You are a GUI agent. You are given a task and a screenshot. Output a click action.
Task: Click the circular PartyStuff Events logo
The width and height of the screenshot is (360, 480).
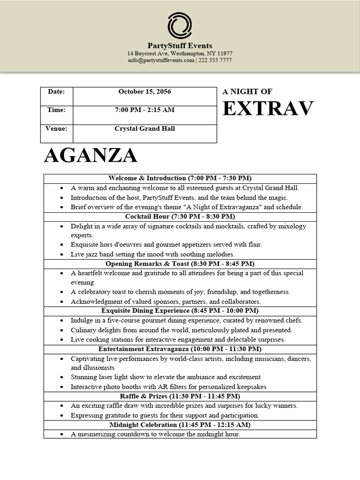180,26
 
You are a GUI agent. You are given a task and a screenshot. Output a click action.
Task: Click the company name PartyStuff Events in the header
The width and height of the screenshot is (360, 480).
180,46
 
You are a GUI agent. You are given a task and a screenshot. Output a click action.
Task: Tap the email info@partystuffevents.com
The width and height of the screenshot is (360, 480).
161,60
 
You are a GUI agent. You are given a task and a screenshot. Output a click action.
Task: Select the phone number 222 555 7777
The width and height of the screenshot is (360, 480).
215,60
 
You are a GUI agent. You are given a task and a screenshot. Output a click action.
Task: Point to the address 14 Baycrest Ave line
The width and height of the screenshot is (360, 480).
180,53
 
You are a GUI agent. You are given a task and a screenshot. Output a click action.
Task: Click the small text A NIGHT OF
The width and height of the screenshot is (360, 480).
247,92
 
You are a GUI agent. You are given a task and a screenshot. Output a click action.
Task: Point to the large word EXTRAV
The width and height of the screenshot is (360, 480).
268,109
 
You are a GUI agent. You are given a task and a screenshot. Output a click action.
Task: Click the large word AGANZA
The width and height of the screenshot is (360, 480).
90,156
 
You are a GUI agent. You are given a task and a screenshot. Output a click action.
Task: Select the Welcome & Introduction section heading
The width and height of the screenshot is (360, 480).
180,179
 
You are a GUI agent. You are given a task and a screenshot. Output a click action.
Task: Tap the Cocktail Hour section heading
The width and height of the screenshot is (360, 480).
180,217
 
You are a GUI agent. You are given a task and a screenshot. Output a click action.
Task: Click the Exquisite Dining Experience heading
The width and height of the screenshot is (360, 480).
180,311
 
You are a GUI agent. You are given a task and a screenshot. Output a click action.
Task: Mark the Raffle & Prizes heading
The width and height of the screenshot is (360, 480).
180,396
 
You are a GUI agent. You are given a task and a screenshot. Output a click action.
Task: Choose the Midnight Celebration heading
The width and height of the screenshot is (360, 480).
180,425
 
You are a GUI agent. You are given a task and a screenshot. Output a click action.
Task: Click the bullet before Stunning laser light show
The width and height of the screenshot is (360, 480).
62,377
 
